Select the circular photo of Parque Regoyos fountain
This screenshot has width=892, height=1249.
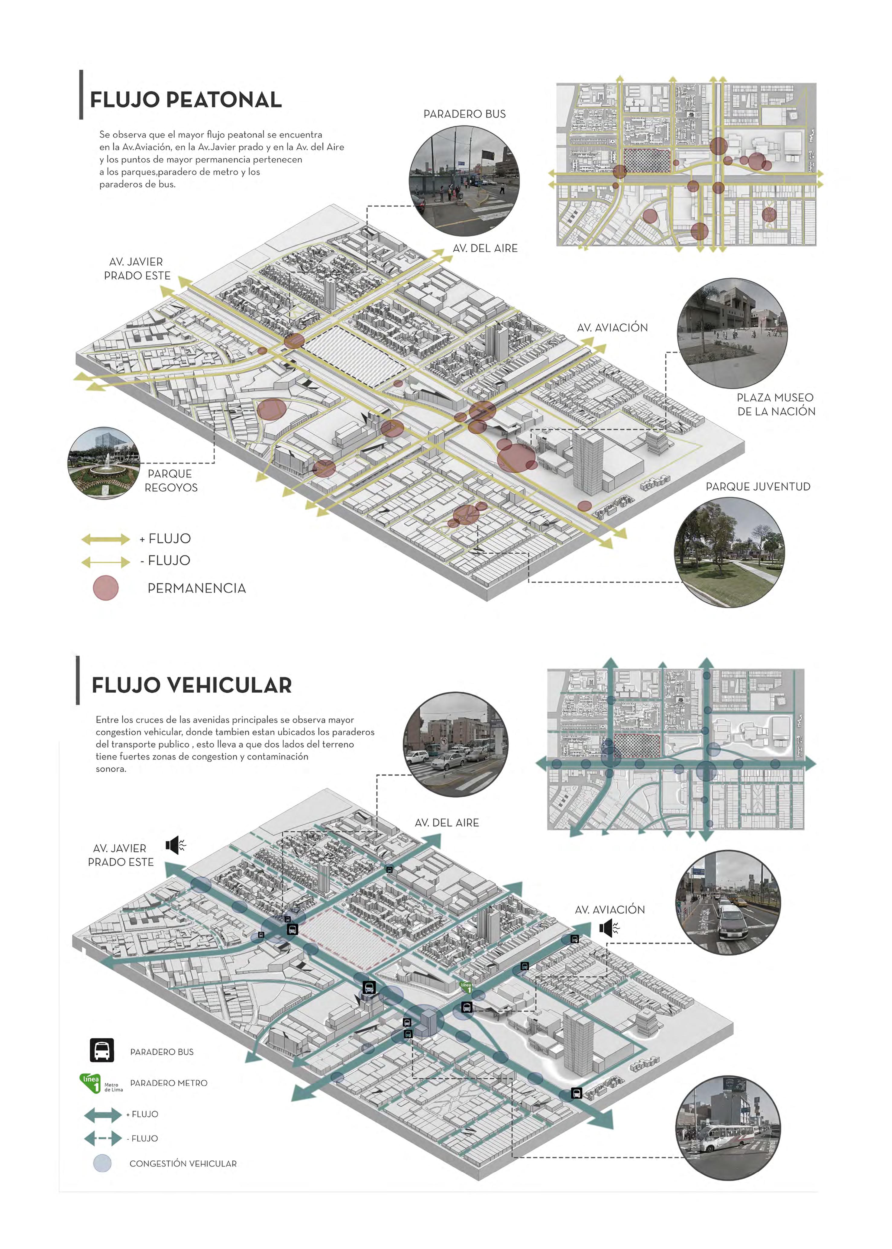click(103, 463)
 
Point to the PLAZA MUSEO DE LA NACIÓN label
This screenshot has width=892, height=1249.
click(776, 404)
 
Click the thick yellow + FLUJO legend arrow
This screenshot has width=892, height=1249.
click(105, 539)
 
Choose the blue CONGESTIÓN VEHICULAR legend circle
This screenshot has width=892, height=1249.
click(102, 1163)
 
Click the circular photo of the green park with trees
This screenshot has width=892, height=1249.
click(729, 552)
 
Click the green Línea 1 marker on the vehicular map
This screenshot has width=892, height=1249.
click(465, 986)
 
